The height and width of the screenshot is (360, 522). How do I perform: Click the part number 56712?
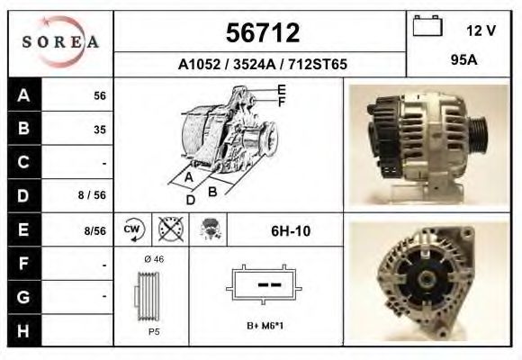click(261, 33)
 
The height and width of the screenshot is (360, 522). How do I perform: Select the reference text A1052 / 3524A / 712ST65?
click(261, 65)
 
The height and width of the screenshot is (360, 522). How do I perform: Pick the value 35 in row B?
click(99, 129)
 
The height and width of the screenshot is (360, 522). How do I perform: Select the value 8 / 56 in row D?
click(94, 193)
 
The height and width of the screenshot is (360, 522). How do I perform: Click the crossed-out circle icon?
click(168, 229)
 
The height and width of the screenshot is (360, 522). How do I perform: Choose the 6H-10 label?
click(291, 230)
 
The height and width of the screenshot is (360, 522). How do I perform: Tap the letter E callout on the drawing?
click(282, 89)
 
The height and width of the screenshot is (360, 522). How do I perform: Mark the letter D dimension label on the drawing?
click(191, 200)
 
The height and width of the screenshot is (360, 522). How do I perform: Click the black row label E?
click(22, 229)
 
